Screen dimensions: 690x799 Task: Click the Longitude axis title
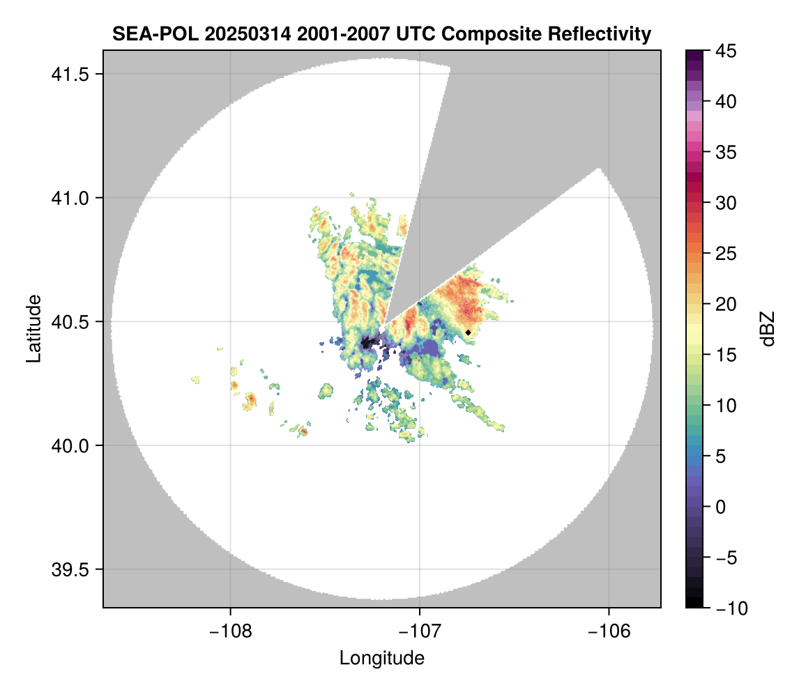381,657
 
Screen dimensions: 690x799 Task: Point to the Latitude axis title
33,328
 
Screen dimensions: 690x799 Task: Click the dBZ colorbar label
768,329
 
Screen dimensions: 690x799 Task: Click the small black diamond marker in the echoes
468,332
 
